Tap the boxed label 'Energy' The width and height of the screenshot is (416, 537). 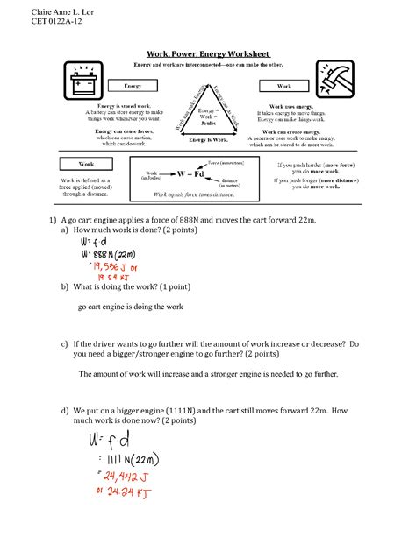coord(133,87)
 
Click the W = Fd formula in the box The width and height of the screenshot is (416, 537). coord(194,173)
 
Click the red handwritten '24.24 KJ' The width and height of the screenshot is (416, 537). coord(121,495)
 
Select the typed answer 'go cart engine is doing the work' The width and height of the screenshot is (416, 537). coord(130,307)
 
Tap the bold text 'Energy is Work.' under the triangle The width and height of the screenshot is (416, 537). coord(208,140)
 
